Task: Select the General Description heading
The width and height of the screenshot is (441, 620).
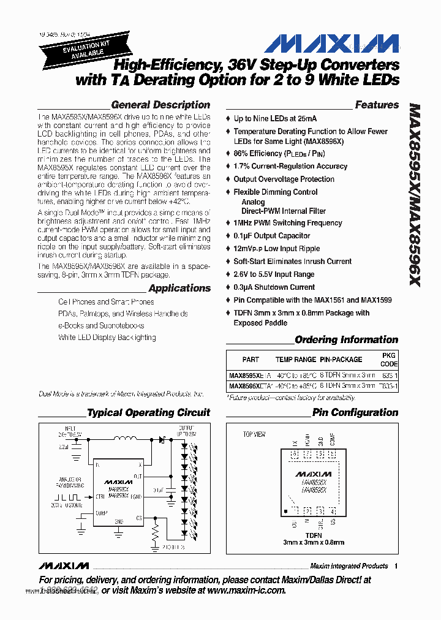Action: click(x=160, y=105)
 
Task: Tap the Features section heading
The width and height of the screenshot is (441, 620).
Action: click(x=377, y=105)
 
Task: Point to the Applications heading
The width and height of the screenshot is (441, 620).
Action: click(x=179, y=288)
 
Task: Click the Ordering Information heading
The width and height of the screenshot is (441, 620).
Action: click(x=346, y=339)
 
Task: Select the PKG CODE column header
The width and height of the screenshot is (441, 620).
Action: click(x=389, y=360)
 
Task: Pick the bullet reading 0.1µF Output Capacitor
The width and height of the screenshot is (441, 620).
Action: click(x=272, y=236)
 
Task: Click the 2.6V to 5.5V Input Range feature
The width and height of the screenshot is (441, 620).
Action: click(x=274, y=274)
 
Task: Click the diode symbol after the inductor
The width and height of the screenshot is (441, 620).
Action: click(x=162, y=439)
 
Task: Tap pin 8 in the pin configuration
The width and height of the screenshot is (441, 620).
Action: click(x=295, y=455)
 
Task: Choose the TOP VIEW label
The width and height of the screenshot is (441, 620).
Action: click(x=254, y=434)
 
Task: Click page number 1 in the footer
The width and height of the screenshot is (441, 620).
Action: click(x=396, y=566)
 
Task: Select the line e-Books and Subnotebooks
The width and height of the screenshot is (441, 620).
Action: click(x=101, y=325)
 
